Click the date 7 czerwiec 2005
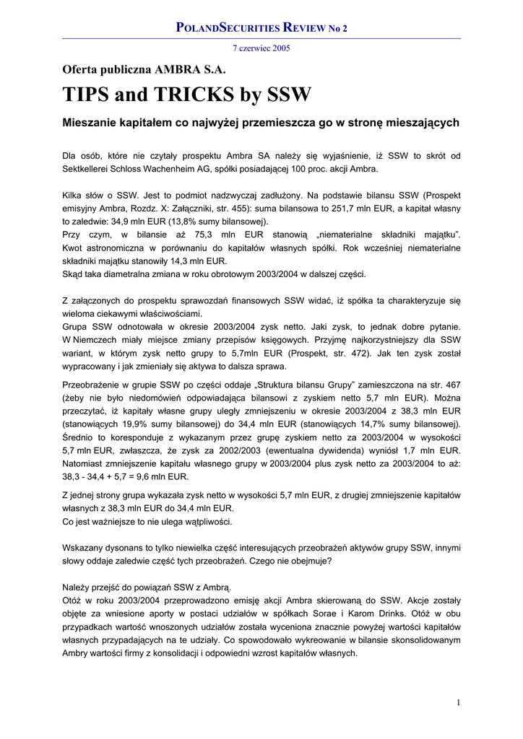point(261,48)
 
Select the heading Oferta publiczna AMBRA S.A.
point(144,70)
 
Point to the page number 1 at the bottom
point(458,702)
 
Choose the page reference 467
point(451,384)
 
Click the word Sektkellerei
point(89,169)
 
